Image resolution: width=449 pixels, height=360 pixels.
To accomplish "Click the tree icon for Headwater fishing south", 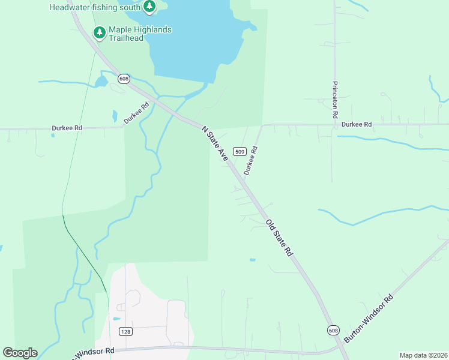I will [x=149, y=7].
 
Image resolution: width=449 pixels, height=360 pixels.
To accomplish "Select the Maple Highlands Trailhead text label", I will [x=140, y=34].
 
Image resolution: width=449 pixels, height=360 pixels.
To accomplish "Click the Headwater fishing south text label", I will [x=94, y=8].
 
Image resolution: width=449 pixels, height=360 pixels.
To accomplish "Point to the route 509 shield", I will [x=240, y=152].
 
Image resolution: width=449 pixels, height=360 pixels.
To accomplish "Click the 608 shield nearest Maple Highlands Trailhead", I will [x=124, y=79].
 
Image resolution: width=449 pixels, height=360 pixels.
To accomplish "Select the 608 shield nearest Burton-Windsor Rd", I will [x=334, y=331].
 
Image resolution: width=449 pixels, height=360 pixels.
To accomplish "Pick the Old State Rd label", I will [x=279, y=238].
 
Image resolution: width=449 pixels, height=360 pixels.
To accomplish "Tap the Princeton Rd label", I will [x=335, y=99].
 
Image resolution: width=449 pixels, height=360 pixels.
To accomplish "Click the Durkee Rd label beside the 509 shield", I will [x=251, y=161].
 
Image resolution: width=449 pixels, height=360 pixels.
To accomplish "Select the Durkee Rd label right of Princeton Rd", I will [x=357, y=124].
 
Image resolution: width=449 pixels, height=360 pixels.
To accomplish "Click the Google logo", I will [x=20, y=353].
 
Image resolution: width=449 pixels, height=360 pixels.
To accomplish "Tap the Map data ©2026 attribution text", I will [x=423, y=355].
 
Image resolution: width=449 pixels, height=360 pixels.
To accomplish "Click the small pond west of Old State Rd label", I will [x=252, y=260].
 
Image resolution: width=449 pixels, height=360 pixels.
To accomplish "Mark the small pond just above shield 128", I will [x=116, y=319].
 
